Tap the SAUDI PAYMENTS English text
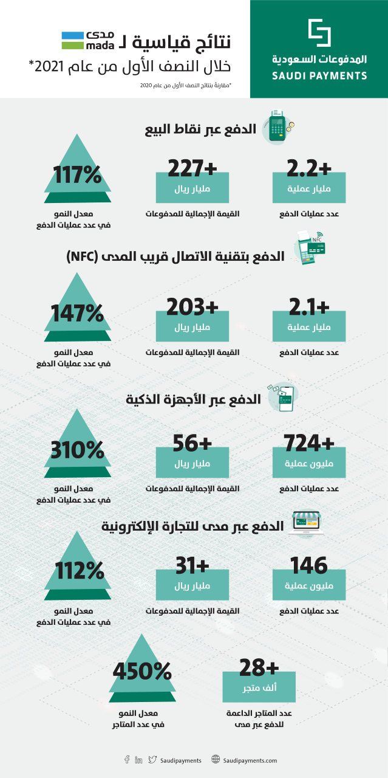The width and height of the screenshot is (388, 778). [320, 76]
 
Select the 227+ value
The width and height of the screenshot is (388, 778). [192, 168]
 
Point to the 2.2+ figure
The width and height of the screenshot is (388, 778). [309, 168]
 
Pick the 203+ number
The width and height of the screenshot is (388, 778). [192, 306]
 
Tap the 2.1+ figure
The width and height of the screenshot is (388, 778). [309, 306]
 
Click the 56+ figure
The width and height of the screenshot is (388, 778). [192, 443]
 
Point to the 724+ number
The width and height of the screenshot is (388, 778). [309, 443]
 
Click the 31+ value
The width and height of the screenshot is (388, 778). [192, 565]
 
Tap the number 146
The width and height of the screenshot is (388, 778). [309, 565]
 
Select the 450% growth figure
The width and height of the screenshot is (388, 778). [141, 672]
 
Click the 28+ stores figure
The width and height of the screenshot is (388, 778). [259, 667]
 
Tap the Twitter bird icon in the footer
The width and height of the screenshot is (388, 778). [152, 760]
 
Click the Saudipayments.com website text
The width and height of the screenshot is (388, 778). [250, 760]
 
